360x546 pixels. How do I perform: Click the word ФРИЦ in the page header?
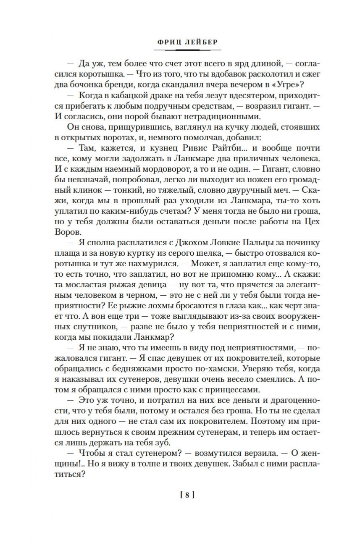click(166, 42)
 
